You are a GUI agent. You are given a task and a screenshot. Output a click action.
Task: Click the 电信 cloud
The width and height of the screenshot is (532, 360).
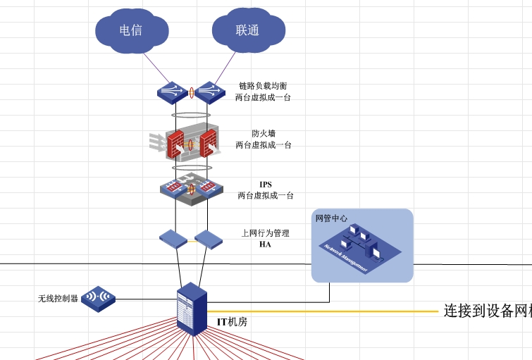[131, 30]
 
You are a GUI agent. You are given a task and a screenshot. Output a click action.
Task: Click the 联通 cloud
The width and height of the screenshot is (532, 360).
[248, 30]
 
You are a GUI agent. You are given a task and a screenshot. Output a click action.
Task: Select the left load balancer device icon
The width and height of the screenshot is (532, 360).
[172, 92]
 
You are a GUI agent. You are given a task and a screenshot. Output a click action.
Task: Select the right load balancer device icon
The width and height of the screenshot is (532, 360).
[209, 92]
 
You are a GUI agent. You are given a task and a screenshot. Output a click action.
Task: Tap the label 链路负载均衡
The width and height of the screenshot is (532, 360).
[263, 86]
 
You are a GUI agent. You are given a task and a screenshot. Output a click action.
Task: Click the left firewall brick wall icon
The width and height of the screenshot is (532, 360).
[175, 144]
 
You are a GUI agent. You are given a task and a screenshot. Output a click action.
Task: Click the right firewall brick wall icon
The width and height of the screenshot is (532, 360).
[209, 144]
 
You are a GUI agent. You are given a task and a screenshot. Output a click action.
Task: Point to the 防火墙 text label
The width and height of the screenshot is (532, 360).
[263, 133]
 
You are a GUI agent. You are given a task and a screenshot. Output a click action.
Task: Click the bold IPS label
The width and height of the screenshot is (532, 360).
[266, 185]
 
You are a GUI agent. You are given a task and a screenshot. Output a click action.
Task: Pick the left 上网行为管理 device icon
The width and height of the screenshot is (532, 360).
[173, 240]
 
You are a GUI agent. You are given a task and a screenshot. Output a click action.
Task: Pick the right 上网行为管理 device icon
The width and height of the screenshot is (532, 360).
[209, 240]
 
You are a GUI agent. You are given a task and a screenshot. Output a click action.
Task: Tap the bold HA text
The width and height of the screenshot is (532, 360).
[265, 244]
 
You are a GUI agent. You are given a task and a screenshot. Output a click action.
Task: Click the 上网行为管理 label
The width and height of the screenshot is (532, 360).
[265, 233]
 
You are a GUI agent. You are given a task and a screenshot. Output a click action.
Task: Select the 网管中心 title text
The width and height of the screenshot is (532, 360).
[331, 218]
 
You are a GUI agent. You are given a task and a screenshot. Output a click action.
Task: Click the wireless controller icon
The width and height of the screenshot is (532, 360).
[98, 298]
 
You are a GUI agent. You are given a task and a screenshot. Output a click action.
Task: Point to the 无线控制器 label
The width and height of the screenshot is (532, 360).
[58, 299]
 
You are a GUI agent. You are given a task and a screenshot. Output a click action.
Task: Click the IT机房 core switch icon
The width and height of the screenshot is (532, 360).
[191, 308]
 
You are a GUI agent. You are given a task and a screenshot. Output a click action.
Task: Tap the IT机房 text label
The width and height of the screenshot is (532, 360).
[232, 322]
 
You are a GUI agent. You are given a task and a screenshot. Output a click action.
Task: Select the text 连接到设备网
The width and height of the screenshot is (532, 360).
[486, 311]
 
